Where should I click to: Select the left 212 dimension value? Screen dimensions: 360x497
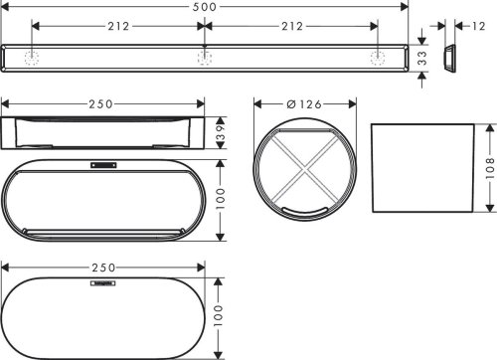point(118,26)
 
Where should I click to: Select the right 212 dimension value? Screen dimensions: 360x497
point(291,26)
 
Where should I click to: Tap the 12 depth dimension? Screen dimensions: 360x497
point(478,26)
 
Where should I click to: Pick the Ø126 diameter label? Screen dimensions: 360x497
point(304,103)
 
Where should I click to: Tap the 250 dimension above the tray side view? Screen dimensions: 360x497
point(102,103)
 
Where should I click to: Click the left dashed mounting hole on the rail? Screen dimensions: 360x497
point(33,59)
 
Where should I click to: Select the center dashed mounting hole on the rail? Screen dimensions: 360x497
point(204,59)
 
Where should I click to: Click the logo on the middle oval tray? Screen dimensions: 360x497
point(102,165)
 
